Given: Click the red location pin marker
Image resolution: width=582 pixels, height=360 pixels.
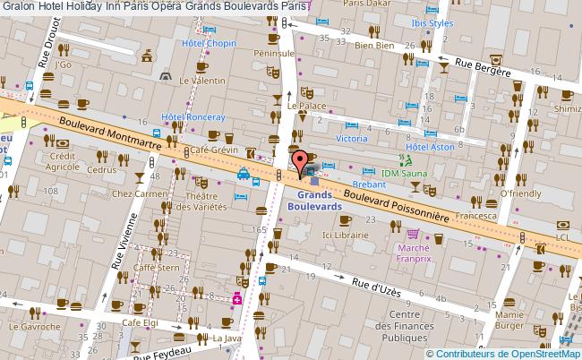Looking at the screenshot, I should coord(298,163).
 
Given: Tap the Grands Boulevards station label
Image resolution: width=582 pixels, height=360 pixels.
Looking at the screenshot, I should coord(313,200).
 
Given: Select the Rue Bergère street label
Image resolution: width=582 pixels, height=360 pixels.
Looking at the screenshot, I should coord(489,66).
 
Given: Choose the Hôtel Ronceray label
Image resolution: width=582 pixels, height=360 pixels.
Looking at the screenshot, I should coord(191,116).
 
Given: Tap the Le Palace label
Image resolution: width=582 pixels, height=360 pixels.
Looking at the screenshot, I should coord(304,105).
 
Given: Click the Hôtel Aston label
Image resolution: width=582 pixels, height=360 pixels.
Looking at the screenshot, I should coord(431,146).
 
